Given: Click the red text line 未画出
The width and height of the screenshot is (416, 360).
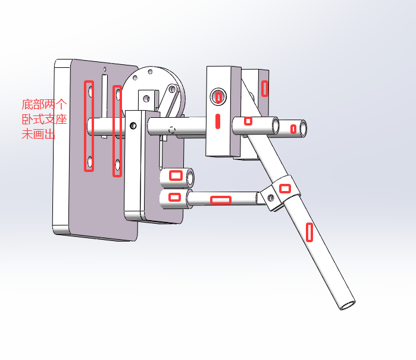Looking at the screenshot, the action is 39,134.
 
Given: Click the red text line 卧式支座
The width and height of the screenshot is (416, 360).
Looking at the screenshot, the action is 44,120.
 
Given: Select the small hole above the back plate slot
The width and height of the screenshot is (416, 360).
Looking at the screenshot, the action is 105,70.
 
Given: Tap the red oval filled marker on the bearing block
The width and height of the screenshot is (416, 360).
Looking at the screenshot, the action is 218,121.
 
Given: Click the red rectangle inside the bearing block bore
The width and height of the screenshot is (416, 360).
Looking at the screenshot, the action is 218,98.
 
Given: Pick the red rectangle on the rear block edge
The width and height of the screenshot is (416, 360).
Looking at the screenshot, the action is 264,88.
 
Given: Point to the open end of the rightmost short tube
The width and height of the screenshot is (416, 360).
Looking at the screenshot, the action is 303,129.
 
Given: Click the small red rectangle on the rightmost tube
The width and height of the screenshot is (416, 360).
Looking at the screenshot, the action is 293,129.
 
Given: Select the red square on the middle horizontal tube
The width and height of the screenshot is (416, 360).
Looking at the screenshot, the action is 248,121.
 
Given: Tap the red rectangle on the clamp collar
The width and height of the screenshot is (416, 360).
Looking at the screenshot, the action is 285,189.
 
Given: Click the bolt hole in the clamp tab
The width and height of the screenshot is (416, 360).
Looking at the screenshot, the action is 271,198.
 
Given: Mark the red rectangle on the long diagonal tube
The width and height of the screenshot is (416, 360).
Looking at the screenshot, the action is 309,233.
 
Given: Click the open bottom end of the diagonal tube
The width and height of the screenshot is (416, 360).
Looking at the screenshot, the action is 348,305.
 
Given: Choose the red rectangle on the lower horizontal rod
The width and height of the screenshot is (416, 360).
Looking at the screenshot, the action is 221,200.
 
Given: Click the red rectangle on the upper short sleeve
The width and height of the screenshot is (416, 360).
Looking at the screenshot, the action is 176,176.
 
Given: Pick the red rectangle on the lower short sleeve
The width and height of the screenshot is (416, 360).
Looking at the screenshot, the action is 174,197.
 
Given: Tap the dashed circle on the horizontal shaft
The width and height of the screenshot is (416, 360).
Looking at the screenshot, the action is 172,130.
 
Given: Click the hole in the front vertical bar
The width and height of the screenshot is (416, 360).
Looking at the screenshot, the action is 133,126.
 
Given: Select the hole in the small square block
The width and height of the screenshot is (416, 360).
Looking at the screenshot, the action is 146,99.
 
